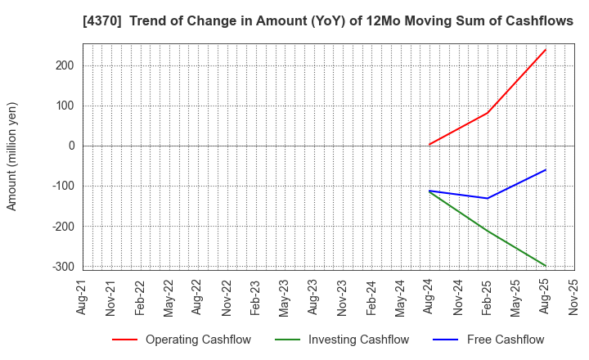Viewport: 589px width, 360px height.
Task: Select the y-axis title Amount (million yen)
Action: pyautogui.click(x=12, y=156)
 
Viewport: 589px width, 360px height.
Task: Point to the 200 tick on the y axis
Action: pyautogui.click(x=65, y=65)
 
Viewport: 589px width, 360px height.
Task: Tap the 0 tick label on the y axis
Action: pyautogui.click(x=71, y=146)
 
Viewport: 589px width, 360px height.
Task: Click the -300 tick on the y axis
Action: pyautogui.click(x=63, y=267)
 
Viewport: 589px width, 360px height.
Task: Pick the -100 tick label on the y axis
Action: pyautogui.click(x=63, y=186)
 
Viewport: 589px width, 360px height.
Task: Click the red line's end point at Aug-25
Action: pyautogui.click(x=546, y=49)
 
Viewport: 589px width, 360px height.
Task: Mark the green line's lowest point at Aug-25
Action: pyautogui.click(x=546, y=266)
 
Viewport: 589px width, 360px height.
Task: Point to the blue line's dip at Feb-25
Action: pyautogui.click(x=488, y=198)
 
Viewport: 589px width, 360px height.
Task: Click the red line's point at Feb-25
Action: pyautogui.click(x=488, y=113)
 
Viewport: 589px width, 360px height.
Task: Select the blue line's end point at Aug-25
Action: pyautogui.click(x=546, y=169)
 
